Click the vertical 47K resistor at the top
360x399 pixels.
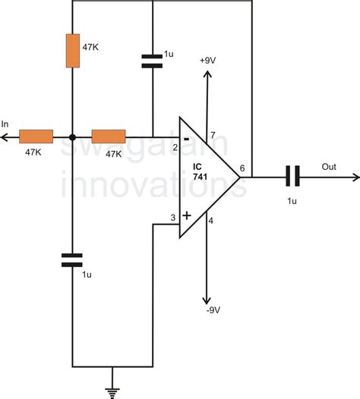pyautogui.click(x=72, y=50)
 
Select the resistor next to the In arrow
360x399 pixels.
pyautogui.click(x=36, y=137)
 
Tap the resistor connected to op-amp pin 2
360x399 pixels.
pyautogui.click(x=109, y=137)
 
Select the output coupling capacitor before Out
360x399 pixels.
pyautogui.click(x=292, y=177)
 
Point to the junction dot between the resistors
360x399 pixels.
pyautogui.click(x=72, y=137)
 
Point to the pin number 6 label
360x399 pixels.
pyautogui.click(x=242, y=168)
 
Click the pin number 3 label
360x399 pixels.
pyautogui.click(x=172, y=218)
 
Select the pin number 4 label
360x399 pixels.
pyautogui.click(x=210, y=221)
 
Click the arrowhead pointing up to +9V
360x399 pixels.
pyautogui.click(x=206, y=73)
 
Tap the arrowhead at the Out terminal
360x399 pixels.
pyautogui.click(x=353, y=178)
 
